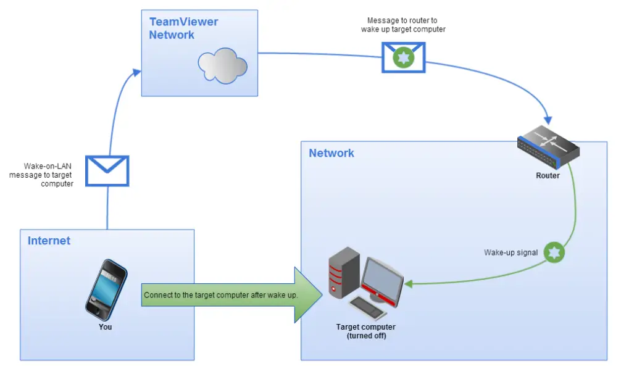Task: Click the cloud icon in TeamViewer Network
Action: [222, 65]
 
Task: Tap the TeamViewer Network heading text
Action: [183, 28]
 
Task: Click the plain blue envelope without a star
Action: [107, 170]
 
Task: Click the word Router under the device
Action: [548, 176]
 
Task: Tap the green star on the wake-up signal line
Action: [554, 252]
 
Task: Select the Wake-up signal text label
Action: [511, 252]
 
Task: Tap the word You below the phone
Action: [106, 326]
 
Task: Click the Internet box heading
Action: [49, 241]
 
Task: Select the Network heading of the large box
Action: [331, 153]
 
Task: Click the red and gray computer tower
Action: [344, 272]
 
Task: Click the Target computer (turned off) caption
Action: [365, 331]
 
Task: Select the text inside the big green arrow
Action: [220, 295]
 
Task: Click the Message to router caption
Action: [402, 25]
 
